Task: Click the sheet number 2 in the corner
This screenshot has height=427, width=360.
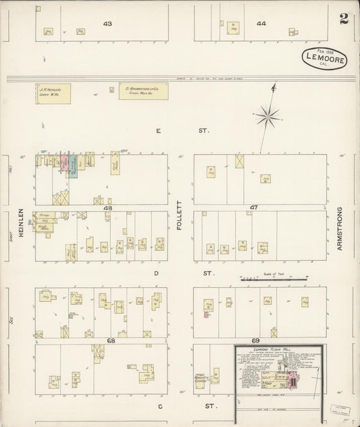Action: tap(344, 18)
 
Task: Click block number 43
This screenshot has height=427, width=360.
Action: tap(107, 24)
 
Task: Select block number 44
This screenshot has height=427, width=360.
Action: tap(261, 24)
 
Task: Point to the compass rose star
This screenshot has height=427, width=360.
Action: tap(268, 116)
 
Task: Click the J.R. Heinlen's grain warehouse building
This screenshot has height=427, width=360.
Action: tap(52, 92)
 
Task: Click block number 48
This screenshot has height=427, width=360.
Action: tap(107, 208)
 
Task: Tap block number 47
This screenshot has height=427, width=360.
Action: tap(254, 207)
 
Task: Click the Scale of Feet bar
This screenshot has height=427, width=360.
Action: tap(268, 278)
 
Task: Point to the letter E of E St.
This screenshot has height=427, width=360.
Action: tap(159, 130)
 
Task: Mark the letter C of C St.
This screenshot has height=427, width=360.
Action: tap(161, 406)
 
